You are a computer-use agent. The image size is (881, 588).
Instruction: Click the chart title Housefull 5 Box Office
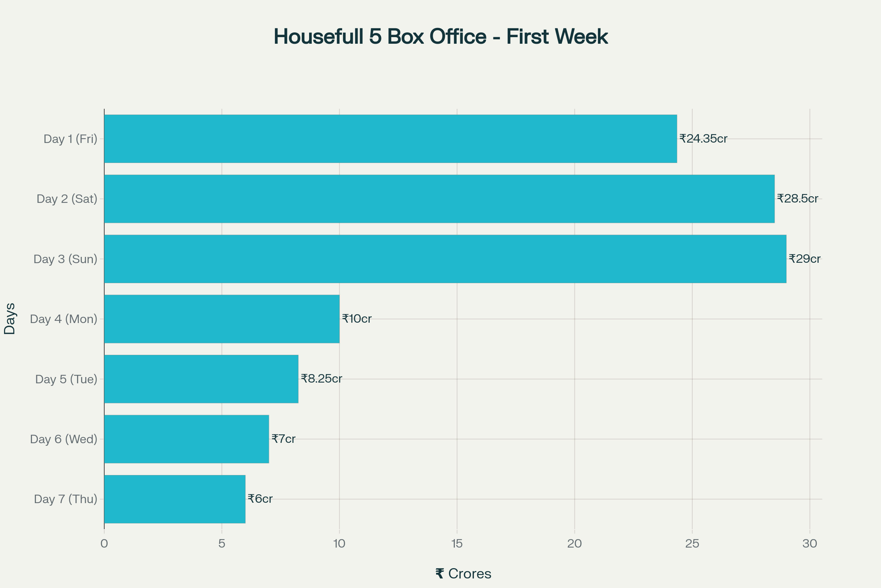(x=440, y=37)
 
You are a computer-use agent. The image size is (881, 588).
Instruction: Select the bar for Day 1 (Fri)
(x=390, y=139)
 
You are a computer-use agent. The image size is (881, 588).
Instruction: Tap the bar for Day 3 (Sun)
(x=445, y=259)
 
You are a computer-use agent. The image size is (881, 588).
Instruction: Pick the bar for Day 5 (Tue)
(x=201, y=379)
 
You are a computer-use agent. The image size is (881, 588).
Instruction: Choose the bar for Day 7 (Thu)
(x=175, y=499)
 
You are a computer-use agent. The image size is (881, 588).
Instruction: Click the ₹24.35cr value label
(x=703, y=139)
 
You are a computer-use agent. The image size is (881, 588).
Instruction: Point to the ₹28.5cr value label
(x=797, y=199)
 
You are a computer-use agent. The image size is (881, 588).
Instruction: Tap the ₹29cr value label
(x=804, y=259)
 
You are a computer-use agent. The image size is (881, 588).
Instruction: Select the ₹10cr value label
(x=356, y=319)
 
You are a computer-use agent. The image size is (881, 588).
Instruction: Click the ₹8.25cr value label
(x=322, y=379)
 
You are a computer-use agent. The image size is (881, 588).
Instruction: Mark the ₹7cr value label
(x=283, y=439)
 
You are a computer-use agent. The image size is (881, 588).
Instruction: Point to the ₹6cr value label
(x=260, y=499)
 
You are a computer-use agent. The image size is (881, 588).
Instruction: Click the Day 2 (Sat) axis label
(x=67, y=199)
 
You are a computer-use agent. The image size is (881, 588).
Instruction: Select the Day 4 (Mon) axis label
(x=64, y=319)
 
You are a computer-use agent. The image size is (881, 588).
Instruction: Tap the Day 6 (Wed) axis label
(x=64, y=439)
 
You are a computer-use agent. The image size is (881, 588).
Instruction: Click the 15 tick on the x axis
(x=457, y=544)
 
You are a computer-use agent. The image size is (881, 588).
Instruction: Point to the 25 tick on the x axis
(x=692, y=544)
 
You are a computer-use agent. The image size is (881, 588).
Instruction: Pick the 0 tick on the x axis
(x=104, y=544)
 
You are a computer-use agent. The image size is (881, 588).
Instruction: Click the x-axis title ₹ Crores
(x=463, y=574)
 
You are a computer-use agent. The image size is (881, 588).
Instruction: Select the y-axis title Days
(x=10, y=319)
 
